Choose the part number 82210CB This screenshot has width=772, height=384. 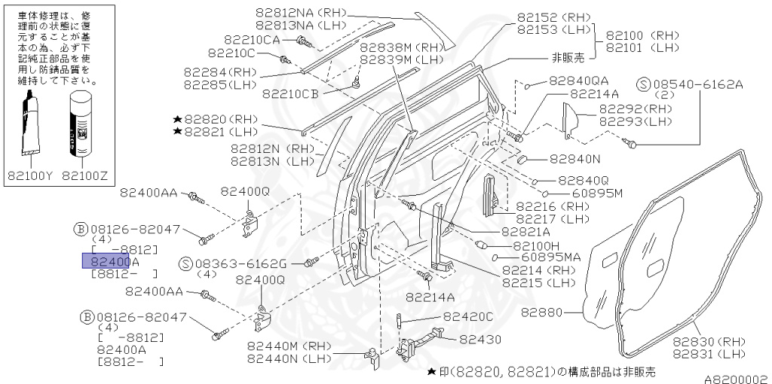291,93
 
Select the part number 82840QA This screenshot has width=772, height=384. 578,80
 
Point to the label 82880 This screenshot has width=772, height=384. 542,311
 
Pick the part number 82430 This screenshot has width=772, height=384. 479,340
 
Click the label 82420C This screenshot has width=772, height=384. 467,316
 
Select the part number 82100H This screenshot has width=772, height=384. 536,245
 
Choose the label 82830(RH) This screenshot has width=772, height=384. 709,342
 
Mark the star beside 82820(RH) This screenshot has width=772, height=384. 177,119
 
